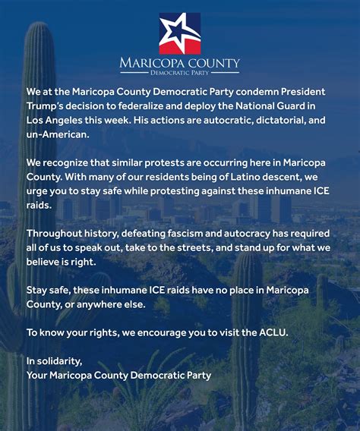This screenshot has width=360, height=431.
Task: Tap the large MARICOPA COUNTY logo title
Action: pyautogui.click(x=180, y=62)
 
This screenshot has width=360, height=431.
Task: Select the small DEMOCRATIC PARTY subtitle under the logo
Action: pyautogui.click(x=180, y=74)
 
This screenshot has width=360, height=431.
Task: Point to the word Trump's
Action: pyautogui.click(x=48, y=107)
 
